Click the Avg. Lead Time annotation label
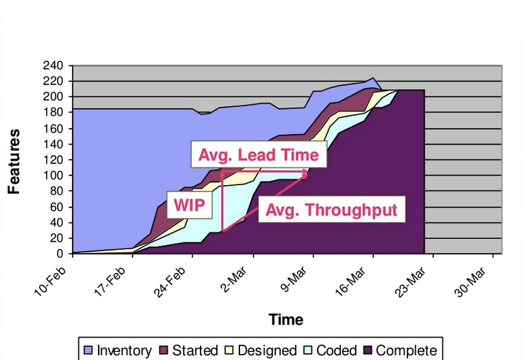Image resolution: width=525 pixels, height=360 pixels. coord(258,155)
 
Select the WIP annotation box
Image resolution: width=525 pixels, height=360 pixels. coord(189,204)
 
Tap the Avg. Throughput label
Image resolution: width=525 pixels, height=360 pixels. coord(331,209)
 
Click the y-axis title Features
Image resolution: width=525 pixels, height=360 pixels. coord(13,161)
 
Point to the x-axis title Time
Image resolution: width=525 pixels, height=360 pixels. coord(286,319)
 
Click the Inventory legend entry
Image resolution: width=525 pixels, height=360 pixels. coord(117,350)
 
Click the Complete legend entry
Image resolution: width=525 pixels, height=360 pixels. coord(399,350)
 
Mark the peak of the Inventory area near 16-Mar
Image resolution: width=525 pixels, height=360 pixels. coord(373,78)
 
